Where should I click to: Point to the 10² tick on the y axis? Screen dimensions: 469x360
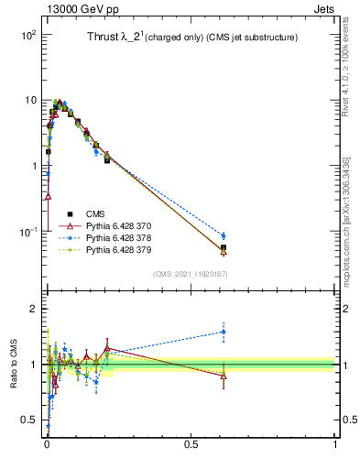(27, 34)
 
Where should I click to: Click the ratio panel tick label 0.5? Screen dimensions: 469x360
(28, 420)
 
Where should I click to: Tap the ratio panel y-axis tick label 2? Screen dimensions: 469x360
(33, 309)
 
